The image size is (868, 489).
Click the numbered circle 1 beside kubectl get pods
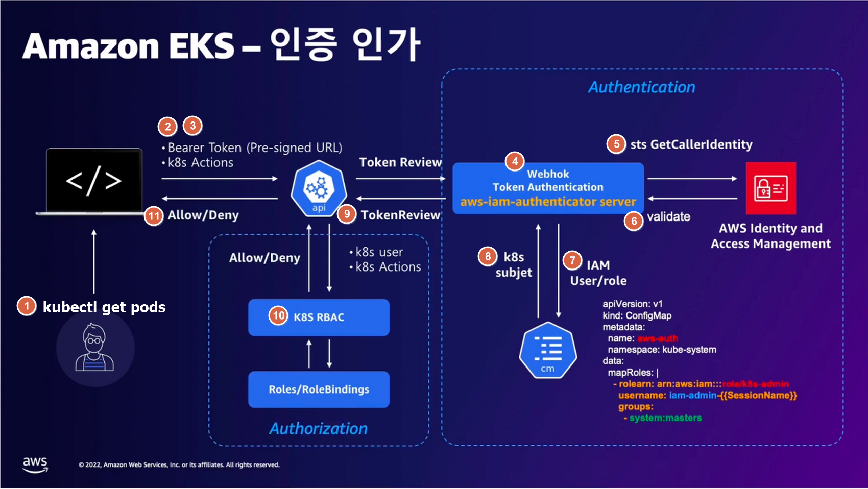click(x=27, y=306)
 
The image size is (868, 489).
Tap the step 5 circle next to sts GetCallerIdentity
click(x=616, y=144)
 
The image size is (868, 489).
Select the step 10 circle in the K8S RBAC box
click(x=278, y=316)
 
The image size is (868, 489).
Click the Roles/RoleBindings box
click(x=319, y=389)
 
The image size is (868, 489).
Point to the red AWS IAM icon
click(x=770, y=188)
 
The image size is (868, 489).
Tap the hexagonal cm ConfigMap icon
click(x=548, y=351)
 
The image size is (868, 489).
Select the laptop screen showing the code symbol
click(x=94, y=180)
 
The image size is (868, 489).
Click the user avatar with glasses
click(x=95, y=348)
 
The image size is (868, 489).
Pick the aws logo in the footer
click(x=35, y=464)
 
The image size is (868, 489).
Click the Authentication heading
click(x=641, y=87)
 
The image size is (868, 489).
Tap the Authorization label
click(x=318, y=428)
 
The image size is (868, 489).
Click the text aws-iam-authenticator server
click(x=548, y=202)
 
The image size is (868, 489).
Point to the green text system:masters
click(x=665, y=418)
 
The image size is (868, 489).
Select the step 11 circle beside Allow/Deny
click(x=154, y=216)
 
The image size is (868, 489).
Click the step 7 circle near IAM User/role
click(x=572, y=260)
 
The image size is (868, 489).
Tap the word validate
click(x=668, y=216)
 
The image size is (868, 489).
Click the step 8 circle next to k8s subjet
click(x=488, y=256)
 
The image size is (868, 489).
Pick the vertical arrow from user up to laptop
click(x=94, y=261)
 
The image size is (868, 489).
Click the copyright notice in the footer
click(x=179, y=465)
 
